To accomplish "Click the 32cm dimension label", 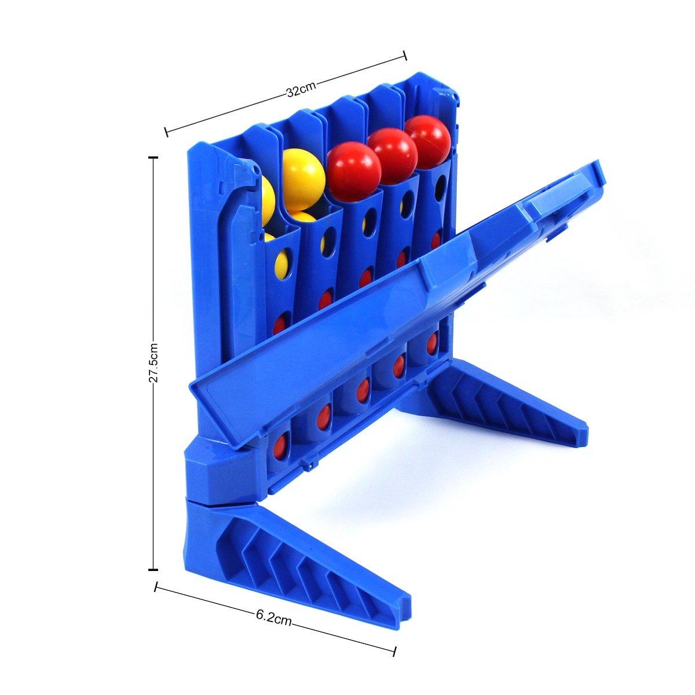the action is [x=301, y=90].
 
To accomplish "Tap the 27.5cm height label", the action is [x=153, y=362].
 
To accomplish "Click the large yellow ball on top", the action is [x=303, y=180].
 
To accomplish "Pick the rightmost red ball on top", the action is [x=428, y=142].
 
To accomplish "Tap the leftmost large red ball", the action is [x=354, y=171].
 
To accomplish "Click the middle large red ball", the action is [x=393, y=156].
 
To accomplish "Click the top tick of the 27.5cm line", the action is [x=153, y=158].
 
